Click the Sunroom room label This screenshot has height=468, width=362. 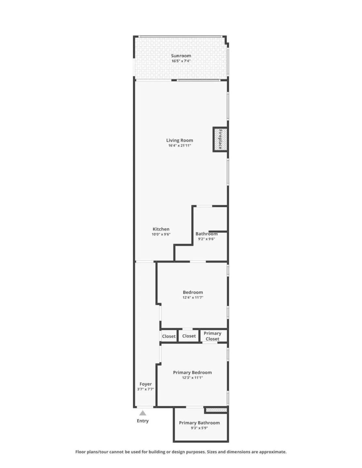coord(181,56)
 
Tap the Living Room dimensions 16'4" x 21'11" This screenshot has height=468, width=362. coord(180,146)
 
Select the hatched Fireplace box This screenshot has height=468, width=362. coord(220,139)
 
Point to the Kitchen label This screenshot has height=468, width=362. coord(161,229)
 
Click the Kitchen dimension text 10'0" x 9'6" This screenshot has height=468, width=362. coord(161,234)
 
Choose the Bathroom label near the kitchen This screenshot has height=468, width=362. coord(206,234)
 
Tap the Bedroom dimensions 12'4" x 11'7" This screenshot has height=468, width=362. coord(193,297)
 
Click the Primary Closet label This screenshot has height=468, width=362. coord(213,336)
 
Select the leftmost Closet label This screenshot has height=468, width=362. coord(169,336)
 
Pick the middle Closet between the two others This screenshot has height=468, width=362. coord(189,336)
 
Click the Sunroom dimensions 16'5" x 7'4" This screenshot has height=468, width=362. coord(181,61)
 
